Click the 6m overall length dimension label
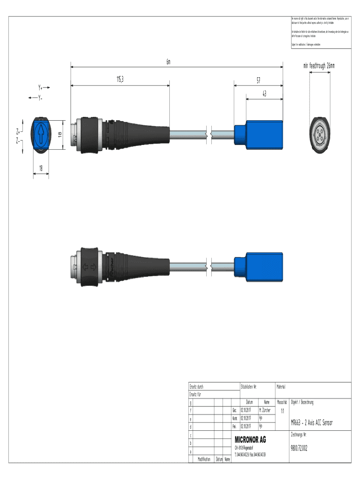pos(168,62)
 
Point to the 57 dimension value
pos(258,80)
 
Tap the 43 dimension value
pos(264,94)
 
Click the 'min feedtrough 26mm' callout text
pos(319,66)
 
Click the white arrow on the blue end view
pos(41,135)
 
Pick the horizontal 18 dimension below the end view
pos(41,168)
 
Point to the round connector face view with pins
pos(320,135)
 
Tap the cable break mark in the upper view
pos(209,135)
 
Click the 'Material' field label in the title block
pos(284,387)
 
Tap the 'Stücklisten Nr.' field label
pos(249,387)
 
